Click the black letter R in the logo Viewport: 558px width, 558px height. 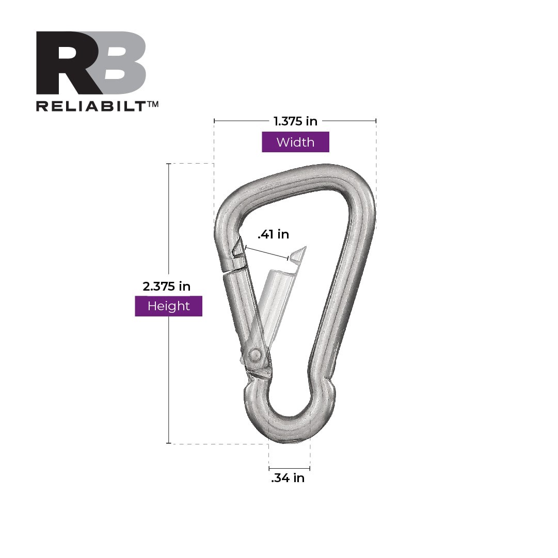(65, 63)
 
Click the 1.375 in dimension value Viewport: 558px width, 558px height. (295, 121)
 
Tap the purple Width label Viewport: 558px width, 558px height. (295, 142)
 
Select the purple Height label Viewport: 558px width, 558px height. (168, 306)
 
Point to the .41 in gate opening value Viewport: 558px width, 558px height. (273, 234)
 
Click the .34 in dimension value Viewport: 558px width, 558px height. (288, 479)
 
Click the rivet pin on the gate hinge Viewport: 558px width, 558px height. (254, 355)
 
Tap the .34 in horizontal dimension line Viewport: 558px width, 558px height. (289, 469)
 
